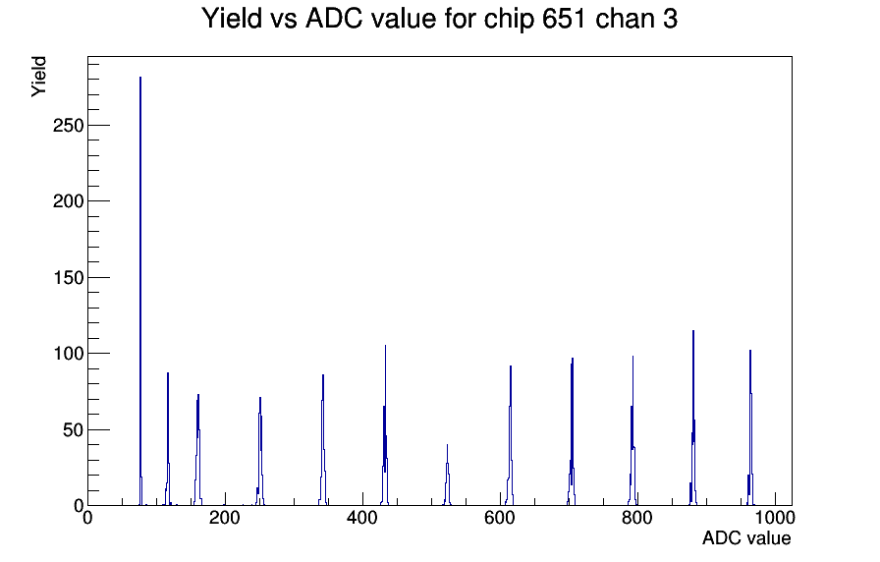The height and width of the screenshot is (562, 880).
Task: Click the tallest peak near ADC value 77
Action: tap(140, 291)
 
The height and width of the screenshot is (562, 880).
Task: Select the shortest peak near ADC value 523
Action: tap(447, 475)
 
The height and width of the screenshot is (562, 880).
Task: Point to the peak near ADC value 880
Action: tap(693, 418)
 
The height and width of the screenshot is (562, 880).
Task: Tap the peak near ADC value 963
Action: tap(749, 427)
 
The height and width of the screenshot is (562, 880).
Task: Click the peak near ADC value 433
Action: tap(385, 425)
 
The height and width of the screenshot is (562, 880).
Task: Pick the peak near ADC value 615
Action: tap(510, 435)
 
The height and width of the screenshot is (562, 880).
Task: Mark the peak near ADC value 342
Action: tap(323, 440)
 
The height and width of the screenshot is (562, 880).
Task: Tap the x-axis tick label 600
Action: tap(500, 518)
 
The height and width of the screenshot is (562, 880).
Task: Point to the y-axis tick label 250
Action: tap(68, 126)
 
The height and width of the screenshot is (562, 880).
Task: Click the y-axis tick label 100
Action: tap(68, 354)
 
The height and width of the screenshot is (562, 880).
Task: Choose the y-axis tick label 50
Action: tap(74, 430)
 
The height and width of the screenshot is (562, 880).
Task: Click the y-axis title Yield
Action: tap(38, 77)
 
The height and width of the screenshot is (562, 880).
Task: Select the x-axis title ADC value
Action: tap(746, 537)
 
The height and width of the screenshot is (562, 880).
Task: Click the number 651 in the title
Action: tap(564, 19)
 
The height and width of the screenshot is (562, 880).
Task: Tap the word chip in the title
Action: tap(509, 20)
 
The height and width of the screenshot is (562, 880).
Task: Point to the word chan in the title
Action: tap(624, 19)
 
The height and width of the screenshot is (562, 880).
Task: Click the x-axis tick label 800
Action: tap(637, 518)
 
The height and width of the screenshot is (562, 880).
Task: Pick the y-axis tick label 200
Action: tap(68, 201)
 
